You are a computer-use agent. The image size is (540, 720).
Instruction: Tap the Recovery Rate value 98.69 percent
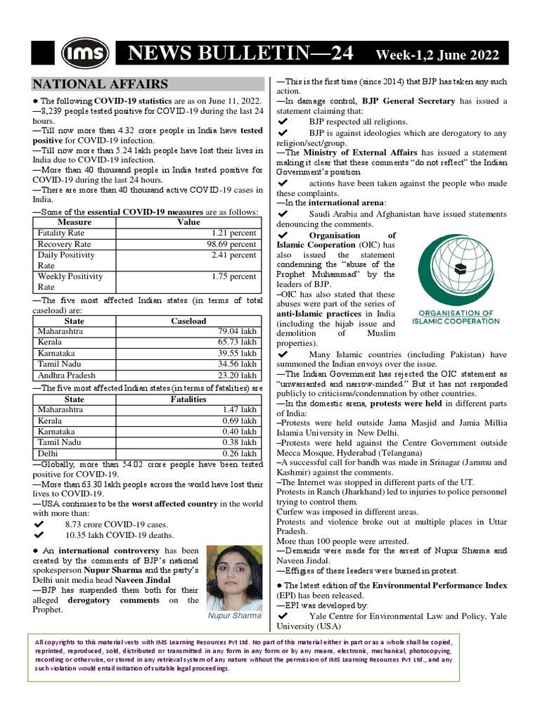(231, 243)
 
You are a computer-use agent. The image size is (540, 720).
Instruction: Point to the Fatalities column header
(188, 399)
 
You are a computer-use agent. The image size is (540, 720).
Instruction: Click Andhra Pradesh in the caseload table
(66, 375)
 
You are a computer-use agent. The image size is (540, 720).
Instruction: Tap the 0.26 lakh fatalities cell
(239, 454)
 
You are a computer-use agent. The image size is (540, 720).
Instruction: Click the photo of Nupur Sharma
(232, 577)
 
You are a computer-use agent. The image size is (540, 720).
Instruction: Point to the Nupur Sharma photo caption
(233, 616)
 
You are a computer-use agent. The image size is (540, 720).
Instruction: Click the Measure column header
(74, 221)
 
